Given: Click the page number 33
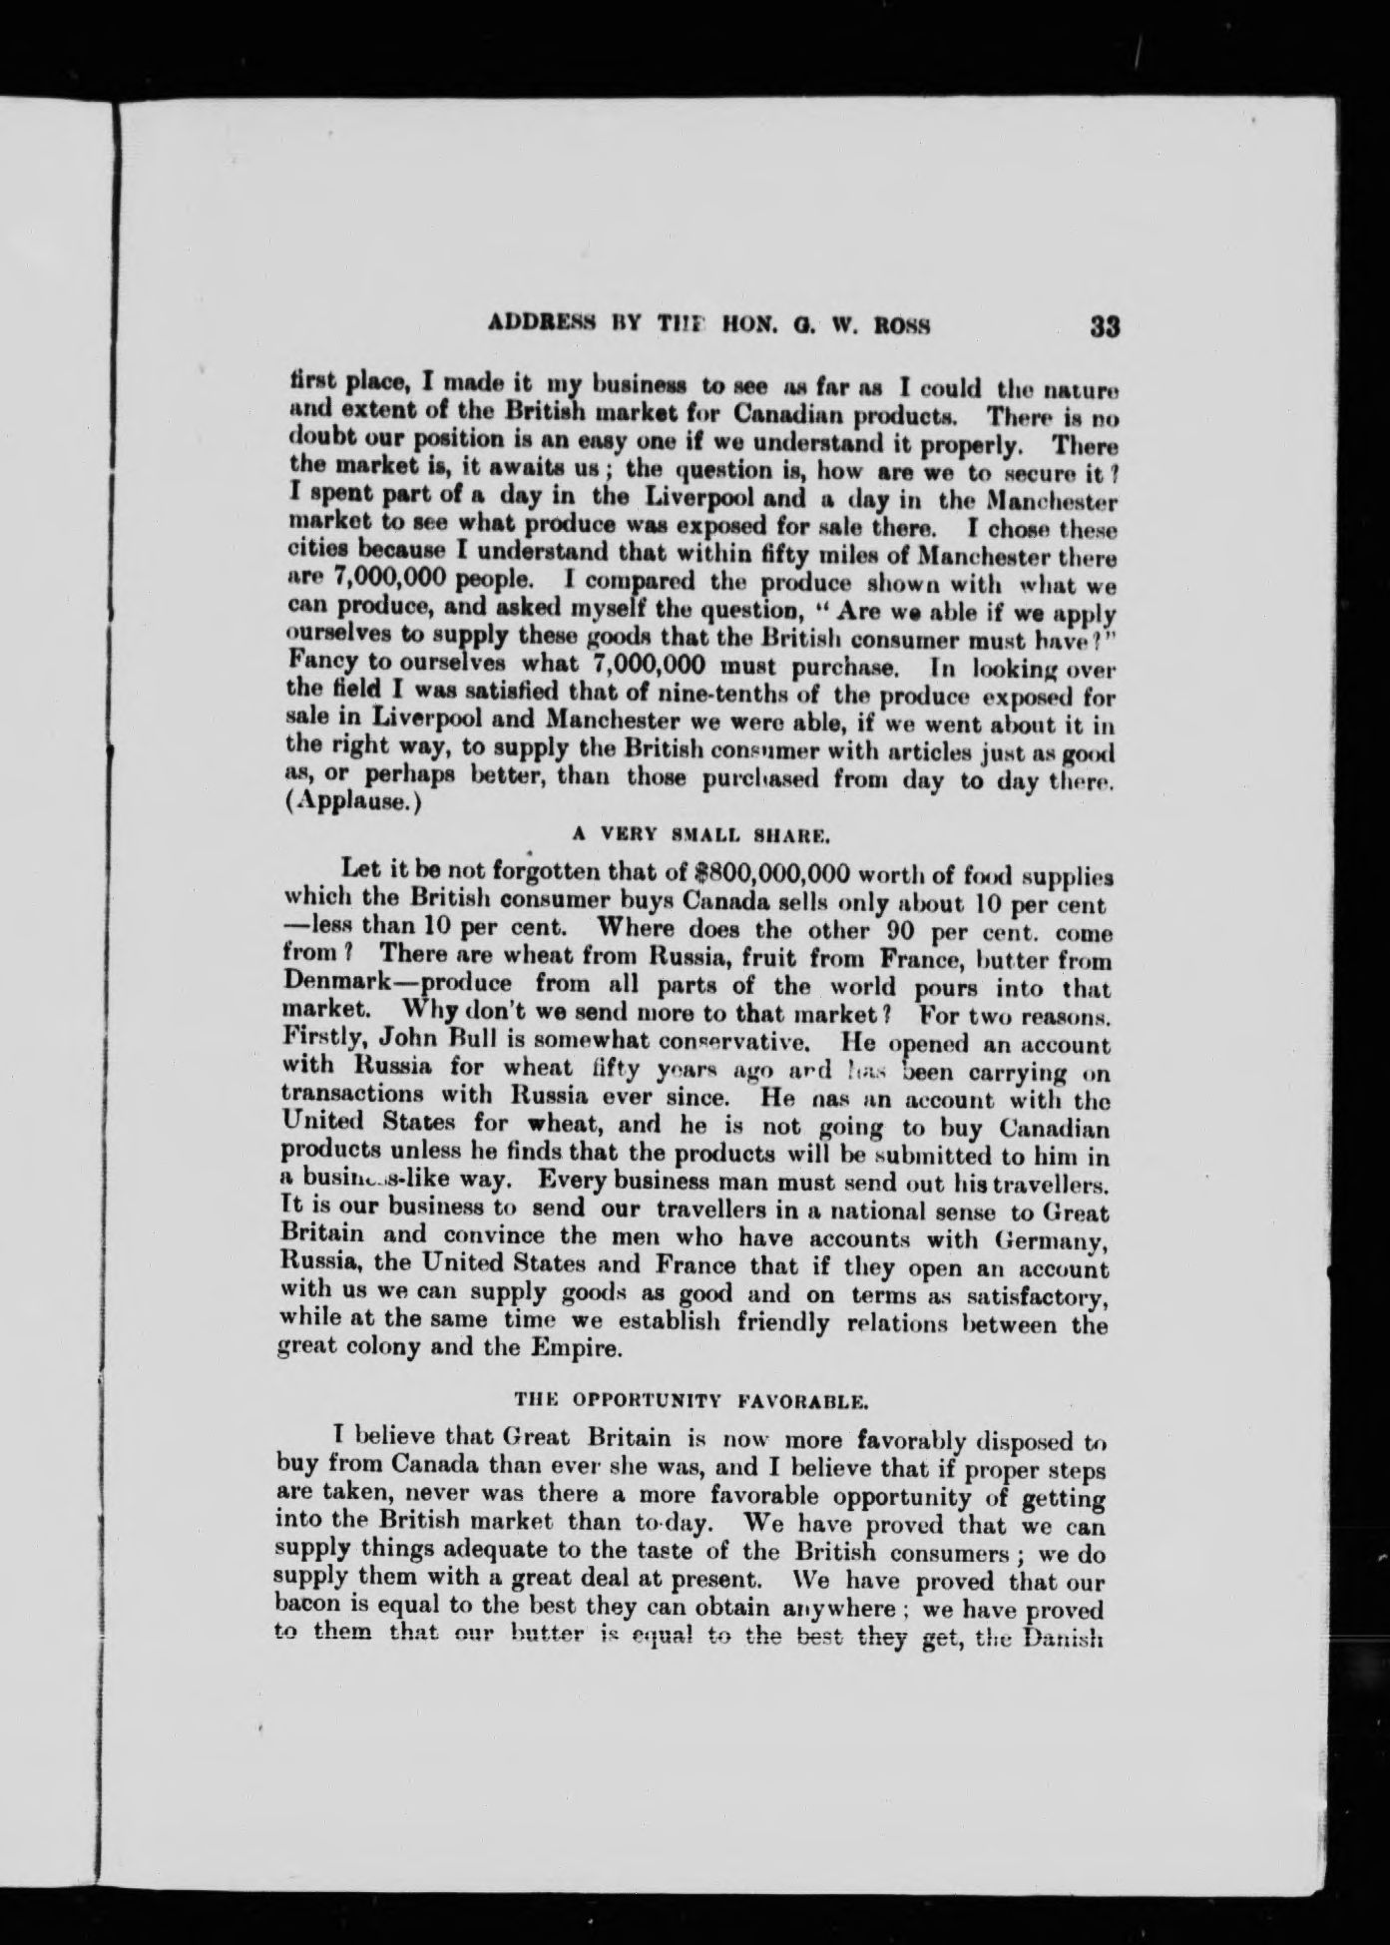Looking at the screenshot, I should tap(1106, 327).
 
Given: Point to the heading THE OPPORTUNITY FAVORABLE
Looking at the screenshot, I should tap(691, 1400).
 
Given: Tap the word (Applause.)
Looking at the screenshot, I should tap(346, 807).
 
